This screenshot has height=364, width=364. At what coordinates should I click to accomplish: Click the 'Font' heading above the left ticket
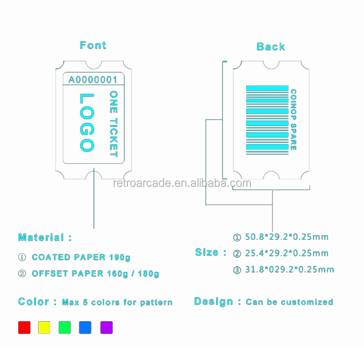93,45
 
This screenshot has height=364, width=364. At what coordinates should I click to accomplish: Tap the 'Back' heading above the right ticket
271,46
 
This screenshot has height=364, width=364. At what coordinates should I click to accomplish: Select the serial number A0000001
93,80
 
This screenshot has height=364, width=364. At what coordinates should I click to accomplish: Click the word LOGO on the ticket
86,122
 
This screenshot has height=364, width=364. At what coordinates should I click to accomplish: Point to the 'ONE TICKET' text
114,123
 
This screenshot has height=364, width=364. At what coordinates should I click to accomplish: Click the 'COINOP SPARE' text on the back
293,119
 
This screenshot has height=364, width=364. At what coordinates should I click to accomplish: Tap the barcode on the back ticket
267,119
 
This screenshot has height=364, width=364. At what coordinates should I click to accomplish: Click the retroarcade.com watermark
182,183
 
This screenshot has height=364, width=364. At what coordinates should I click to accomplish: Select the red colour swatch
24,327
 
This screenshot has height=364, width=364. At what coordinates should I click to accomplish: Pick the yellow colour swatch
45,327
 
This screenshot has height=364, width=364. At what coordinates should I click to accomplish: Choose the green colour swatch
65,327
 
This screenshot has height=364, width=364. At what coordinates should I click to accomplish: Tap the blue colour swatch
85,327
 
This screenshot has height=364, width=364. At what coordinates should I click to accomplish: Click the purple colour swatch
106,327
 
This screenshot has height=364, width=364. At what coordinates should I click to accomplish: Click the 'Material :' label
45,237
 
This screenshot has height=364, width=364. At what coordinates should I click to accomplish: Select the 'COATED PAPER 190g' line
81,257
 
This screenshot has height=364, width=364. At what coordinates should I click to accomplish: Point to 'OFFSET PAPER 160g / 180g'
95,273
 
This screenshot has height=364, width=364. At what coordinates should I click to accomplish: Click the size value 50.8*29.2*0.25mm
287,237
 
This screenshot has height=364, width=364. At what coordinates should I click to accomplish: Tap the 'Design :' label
217,301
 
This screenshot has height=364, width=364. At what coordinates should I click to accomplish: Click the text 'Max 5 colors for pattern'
117,302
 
